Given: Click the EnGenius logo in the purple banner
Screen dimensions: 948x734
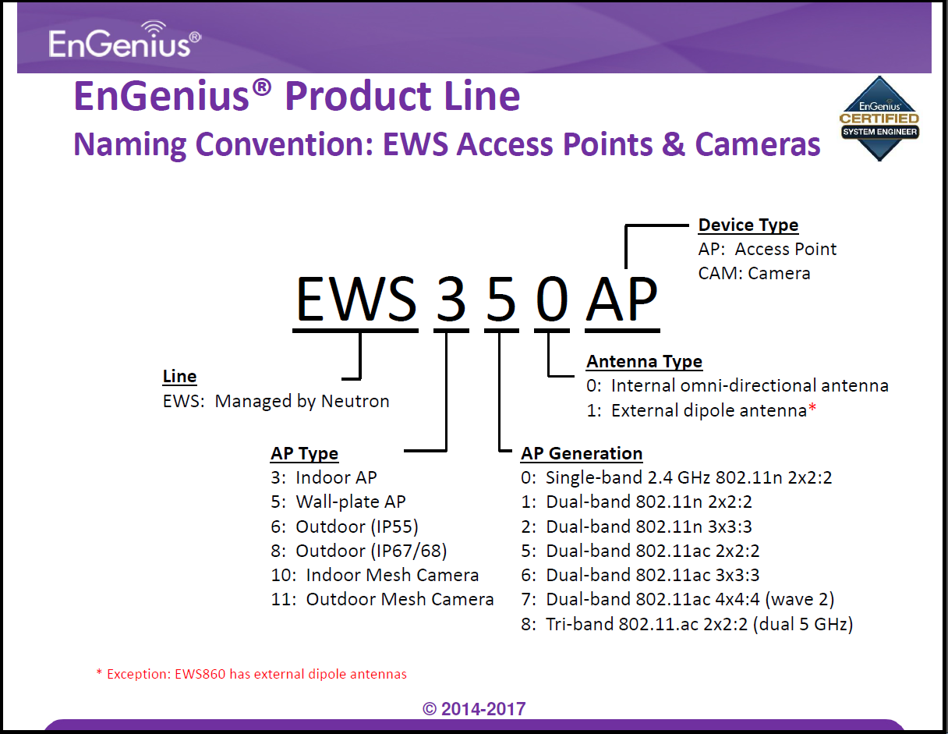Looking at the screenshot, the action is (125, 40).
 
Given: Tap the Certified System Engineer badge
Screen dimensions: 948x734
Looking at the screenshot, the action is (879, 119).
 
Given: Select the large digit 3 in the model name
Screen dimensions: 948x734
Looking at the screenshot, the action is (451, 300).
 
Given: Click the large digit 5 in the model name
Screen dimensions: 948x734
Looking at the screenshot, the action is (501, 300).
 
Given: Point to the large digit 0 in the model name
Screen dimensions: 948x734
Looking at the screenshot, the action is (552, 300).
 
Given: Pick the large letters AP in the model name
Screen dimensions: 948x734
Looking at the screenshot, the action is (621, 300).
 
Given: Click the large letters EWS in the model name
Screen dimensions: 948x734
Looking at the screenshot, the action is (356, 300).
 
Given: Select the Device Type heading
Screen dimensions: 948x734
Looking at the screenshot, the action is (748, 225).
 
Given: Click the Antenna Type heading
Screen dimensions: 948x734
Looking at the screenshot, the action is (644, 362).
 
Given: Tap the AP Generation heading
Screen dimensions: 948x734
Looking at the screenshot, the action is (582, 453).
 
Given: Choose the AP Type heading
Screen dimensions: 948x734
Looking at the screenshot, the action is (304, 454).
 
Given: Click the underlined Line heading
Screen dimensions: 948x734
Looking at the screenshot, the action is (179, 377).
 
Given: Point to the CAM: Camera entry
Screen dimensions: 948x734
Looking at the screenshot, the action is (754, 274).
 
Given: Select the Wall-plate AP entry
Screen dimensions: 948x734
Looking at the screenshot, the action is (338, 502).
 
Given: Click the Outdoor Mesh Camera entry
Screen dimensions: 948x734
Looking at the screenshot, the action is (382, 599).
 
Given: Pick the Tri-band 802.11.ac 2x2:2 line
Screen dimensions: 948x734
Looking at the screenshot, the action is (687, 625).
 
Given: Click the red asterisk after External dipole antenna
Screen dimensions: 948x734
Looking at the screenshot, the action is (812, 408).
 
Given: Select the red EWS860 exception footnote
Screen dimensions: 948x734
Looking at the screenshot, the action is (252, 674).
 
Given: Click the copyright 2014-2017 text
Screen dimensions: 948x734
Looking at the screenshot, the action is (474, 709).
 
